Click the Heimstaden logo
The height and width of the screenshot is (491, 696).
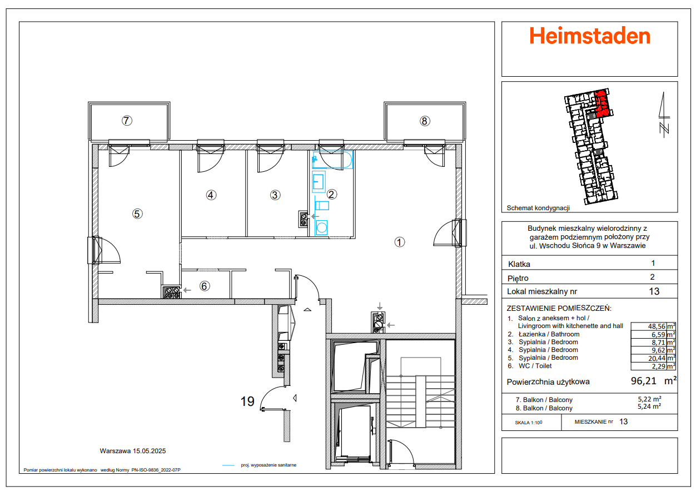click(x=589, y=36)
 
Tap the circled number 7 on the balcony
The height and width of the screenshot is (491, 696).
click(x=127, y=120)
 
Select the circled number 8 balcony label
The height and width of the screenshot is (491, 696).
click(x=425, y=121)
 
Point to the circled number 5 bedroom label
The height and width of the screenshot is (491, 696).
click(x=137, y=213)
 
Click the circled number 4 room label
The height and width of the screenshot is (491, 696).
click(x=211, y=195)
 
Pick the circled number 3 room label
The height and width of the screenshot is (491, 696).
click(x=275, y=195)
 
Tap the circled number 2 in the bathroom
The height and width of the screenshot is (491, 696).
click(x=332, y=194)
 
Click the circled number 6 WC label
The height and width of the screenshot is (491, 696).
click(x=205, y=286)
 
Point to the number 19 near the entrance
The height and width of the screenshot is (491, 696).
click(x=248, y=401)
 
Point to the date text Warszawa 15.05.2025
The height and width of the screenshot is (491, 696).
click(x=133, y=451)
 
